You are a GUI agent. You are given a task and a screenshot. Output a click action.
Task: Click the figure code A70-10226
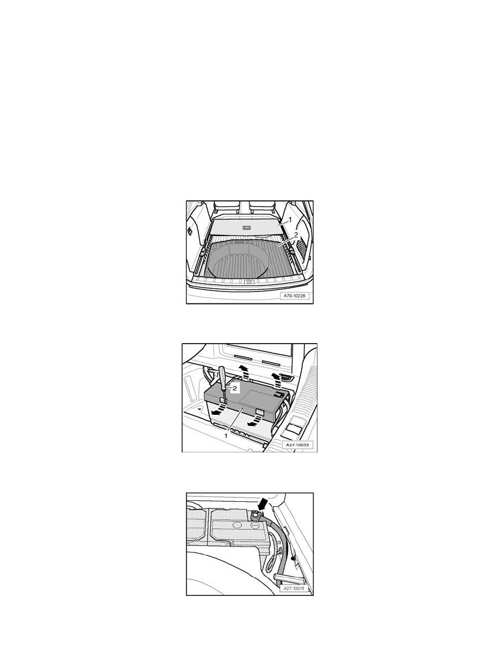pyautogui.click(x=295, y=296)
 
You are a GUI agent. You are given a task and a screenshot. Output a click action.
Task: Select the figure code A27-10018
pyautogui.click(x=296, y=588)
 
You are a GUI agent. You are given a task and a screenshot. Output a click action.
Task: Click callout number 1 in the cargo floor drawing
pyautogui.click(x=290, y=219)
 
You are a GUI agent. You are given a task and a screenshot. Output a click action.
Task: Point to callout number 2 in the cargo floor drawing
pyautogui.click(x=295, y=235)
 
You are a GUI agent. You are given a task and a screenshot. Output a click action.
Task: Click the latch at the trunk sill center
pyautogui.click(x=249, y=282)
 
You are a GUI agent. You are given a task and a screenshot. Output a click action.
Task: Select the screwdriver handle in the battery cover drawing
pyautogui.click(x=223, y=375)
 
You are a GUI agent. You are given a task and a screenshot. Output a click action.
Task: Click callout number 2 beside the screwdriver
pyautogui.click(x=234, y=388)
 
